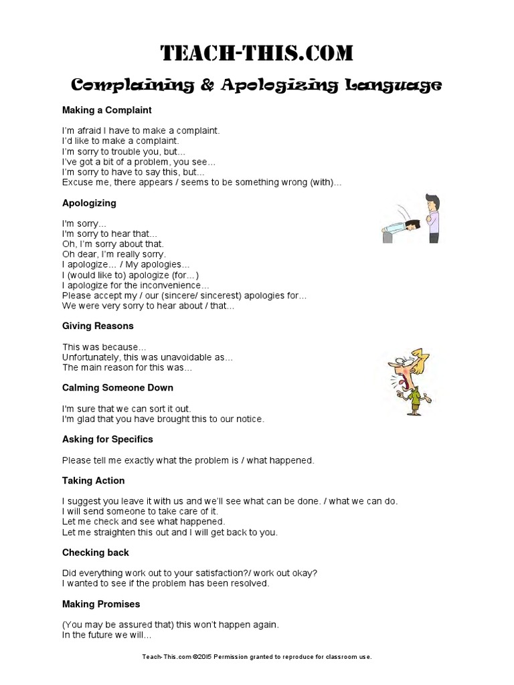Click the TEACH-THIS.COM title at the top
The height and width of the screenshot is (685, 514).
257,54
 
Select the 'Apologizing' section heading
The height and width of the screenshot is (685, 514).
89,203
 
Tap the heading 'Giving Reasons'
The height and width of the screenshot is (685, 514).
98,326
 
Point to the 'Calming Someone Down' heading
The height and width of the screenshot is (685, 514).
118,387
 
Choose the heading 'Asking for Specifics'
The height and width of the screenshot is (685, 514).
108,439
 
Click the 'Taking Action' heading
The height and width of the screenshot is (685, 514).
94,480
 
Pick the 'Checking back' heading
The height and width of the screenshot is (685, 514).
96,553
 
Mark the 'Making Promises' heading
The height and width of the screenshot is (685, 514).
101,604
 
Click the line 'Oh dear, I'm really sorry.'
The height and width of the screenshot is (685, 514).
114,254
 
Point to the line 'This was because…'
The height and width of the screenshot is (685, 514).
100,347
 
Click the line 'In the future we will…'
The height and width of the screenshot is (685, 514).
107,635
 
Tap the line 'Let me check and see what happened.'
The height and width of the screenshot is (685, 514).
143,521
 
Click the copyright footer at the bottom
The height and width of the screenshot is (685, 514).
257,657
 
